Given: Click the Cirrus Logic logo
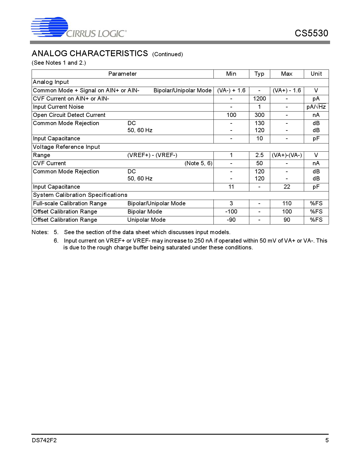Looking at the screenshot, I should [x=78, y=27].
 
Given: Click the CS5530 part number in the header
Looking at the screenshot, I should [x=311, y=33].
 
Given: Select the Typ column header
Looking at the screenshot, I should [x=259, y=74].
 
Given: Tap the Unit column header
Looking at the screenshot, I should [x=316, y=74].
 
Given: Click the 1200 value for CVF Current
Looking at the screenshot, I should [x=259, y=99].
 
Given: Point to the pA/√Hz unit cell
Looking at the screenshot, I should [x=316, y=107].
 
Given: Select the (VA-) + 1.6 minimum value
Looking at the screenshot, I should [x=231, y=91].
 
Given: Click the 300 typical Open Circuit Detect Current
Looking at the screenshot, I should [x=259, y=115].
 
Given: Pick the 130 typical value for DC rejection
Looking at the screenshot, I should [x=259, y=123].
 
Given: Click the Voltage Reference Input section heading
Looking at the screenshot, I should [x=66, y=147].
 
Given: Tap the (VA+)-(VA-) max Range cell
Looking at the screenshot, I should [x=287, y=155].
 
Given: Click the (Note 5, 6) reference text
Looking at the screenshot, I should [x=198, y=164].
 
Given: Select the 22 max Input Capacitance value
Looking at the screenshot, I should [x=287, y=187].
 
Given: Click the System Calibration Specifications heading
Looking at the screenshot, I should [x=80, y=195].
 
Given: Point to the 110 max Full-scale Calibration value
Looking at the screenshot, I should [x=287, y=204].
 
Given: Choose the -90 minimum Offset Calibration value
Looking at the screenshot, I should [x=231, y=220].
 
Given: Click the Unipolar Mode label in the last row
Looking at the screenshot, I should [x=146, y=220].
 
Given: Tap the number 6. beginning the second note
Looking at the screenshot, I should [x=56, y=241].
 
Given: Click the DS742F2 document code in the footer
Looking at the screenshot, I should [x=44, y=440].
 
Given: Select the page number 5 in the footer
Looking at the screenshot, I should [x=327, y=440].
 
